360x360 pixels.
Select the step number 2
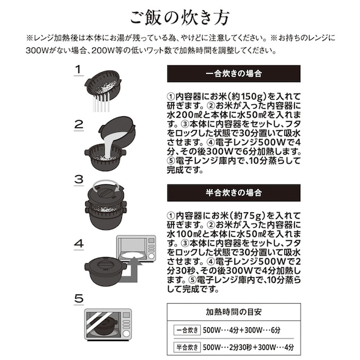click(x=78, y=124)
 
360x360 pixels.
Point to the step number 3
click(x=78, y=180)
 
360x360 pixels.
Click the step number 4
click(x=78, y=243)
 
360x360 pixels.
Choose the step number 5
click(x=78, y=298)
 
